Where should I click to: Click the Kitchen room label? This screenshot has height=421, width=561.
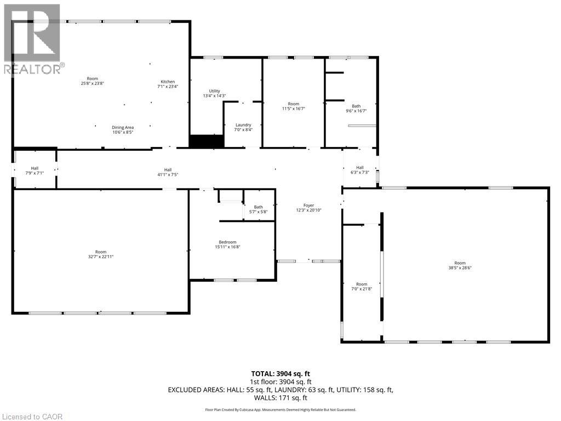[x=168, y=82]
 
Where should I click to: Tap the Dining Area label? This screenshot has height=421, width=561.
[x=123, y=127]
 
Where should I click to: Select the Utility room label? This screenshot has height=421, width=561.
[x=215, y=91]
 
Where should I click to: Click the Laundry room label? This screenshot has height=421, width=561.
[x=243, y=125]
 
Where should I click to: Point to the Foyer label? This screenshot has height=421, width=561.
[x=309, y=206]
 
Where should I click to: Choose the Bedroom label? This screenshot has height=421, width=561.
[x=227, y=242]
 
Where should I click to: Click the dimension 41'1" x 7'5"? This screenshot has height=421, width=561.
[x=168, y=175]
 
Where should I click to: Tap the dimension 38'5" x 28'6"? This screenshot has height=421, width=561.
[x=460, y=268]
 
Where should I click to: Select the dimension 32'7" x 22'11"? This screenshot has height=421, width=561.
[x=101, y=257]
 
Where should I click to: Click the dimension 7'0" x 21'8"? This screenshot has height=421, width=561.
[x=362, y=289]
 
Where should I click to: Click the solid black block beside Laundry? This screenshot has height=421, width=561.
[x=207, y=141]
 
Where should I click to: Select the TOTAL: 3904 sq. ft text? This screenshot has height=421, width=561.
[x=281, y=374]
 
